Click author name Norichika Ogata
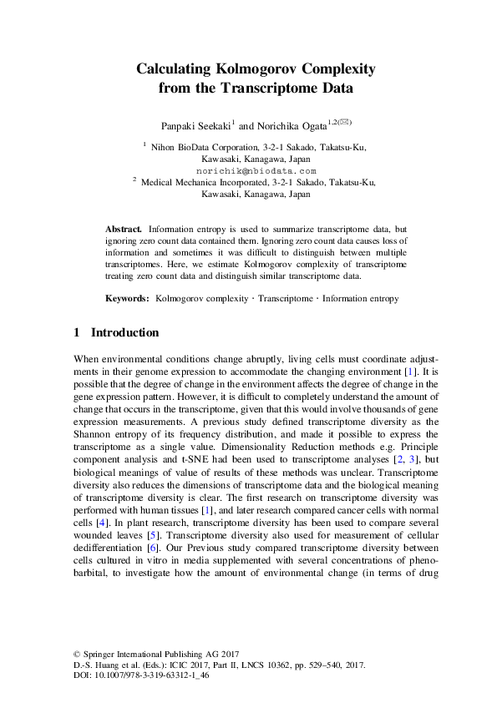(293, 126)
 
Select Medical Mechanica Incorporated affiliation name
(205, 180)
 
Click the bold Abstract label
(123, 228)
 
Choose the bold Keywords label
(127, 298)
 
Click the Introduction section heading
(124, 333)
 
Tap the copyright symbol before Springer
(78, 656)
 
